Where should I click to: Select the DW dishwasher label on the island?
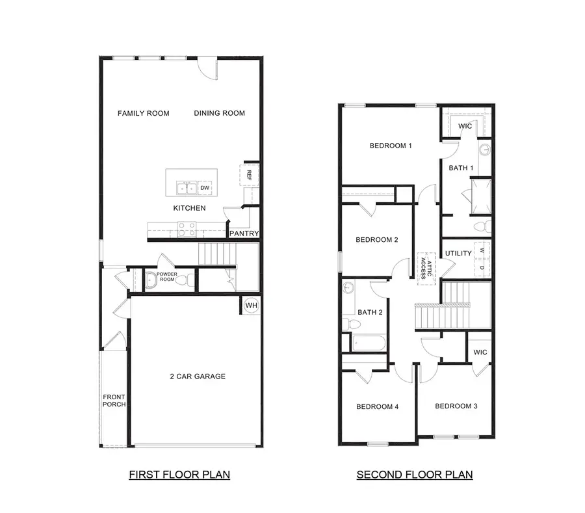[205, 189]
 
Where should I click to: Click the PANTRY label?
[244, 233]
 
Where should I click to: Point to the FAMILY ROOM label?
[143, 113]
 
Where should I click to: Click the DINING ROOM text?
[219, 113]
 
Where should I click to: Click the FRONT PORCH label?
[114, 401]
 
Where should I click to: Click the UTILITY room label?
[458, 253]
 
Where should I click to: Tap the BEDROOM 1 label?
[391, 146]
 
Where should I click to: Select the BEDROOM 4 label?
[377, 407]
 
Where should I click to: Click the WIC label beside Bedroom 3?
[480, 352]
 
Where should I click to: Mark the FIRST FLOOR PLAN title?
[179, 475]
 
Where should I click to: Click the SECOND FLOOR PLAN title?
[414, 475]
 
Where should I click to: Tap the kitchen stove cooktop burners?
[187, 229]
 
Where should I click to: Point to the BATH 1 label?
[461, 168]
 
